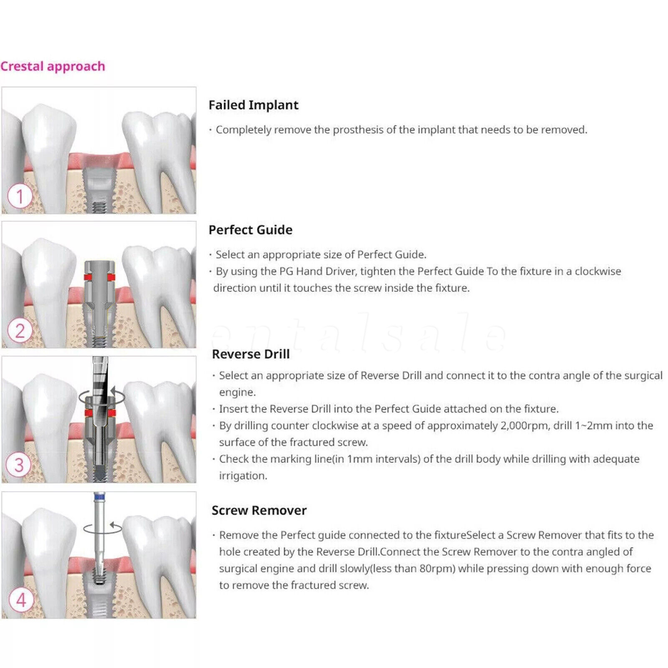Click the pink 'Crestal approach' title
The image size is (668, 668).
[x=53, y=66]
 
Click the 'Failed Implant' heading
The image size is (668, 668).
[x=253, y=105]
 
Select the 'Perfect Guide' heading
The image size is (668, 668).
[x=250, y=230]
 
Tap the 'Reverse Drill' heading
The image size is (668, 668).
[x=250, y=354]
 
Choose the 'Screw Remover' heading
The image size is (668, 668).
[x=259, y=510]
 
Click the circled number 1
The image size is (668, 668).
[x=20, y=196]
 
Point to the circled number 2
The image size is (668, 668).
[x=20, y=331]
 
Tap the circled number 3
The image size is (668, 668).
[x=19, y=465]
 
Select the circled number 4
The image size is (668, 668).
[x=21, y=600]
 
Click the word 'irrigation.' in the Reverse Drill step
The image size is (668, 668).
[x=243, y=476]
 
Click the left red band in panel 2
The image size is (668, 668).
[x=88, y=277]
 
